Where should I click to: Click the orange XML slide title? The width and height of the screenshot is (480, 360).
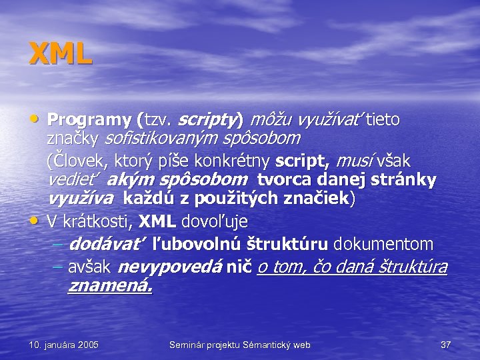pyautogui.click(x=60, y=53)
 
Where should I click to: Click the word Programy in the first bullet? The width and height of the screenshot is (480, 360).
pyautogui.click(x=89, y=121)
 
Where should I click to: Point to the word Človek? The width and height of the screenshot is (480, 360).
pyautogui.click(x=75, y=161)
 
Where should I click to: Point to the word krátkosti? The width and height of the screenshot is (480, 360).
pyautogui.click(x=99, y=220)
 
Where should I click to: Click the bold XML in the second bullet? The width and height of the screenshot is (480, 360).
pyautogui.click(x=158, y=220)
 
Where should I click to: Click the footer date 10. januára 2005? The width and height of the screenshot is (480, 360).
pyautogui.click(x=64, y=345)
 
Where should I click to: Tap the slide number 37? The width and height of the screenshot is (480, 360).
pyautogui.click(x=446, y=345)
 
